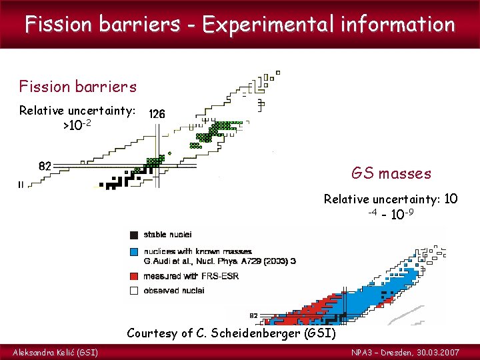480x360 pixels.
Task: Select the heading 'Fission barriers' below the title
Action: point(78,87)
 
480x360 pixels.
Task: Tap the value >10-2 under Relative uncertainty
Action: point(77,125)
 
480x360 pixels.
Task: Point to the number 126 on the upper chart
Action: point(157,114)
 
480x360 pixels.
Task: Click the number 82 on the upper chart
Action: point(45,166)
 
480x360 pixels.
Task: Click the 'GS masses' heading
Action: point(391,174)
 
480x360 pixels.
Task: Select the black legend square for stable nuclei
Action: point(134,235)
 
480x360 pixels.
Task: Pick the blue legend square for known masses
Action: point(134,251)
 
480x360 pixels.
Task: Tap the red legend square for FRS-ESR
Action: point(134,275)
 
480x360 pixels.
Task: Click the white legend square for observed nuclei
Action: point(134,290)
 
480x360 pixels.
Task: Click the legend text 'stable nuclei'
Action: point(168,235)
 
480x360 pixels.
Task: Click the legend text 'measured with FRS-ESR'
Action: point(189,275)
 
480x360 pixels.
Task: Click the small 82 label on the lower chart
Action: point(253,315)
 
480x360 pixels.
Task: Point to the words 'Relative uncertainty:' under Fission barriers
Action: point(77,110)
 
